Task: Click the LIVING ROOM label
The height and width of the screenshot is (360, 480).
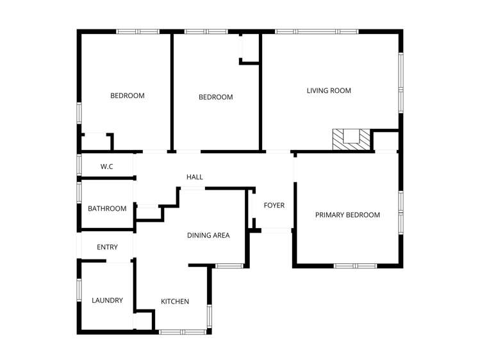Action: click(x=329, y=91)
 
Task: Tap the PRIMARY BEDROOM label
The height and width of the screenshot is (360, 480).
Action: click(x=347, y=215)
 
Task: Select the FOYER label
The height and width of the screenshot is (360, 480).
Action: click(x=274, y=206)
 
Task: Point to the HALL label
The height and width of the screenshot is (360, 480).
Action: click(x=194, y=177)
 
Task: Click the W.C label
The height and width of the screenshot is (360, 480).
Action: click(x=107, y=167)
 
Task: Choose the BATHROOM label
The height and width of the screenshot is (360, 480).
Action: click(x=107, y=209)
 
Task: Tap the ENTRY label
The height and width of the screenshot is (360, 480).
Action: click(x=107, y=247)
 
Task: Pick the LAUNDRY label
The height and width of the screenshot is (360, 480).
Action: click(x=107, y=300)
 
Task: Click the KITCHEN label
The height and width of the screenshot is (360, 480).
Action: click(x=175, y=302)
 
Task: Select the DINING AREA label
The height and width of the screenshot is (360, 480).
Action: click(x=208, y=236)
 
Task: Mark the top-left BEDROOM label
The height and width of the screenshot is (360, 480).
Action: click(x=128, y=96)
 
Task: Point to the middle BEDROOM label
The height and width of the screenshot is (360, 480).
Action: click(x=215, y=97)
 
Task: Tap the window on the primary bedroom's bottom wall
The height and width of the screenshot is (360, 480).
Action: click(x=355, y=266)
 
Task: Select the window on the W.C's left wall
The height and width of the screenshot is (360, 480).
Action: click(x=79, y=165)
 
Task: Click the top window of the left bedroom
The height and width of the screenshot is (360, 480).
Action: click(x=138, y=31)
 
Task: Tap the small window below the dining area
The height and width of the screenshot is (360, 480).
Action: click(x=228, y=266)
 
